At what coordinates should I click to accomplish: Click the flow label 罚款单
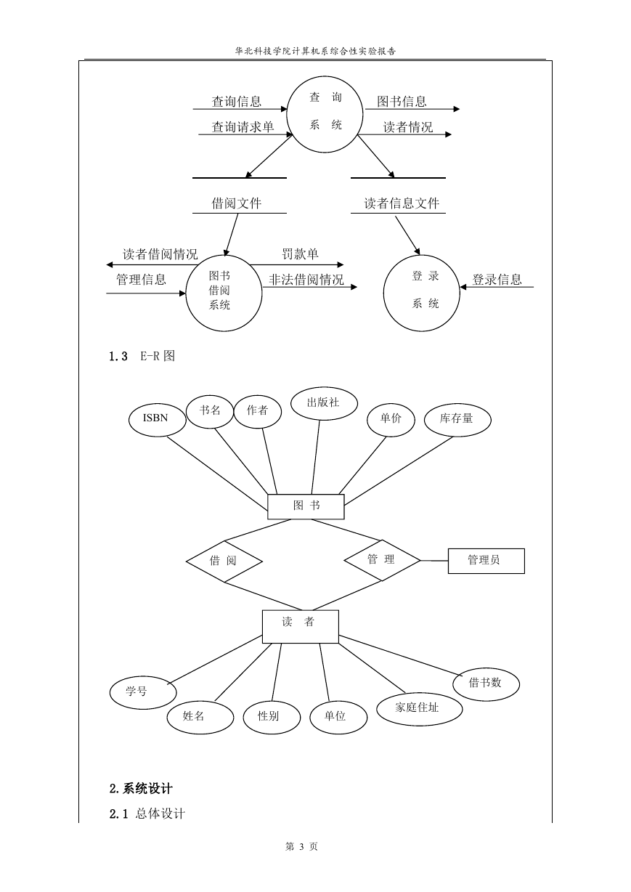300,254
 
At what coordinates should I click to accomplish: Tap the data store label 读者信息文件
402,203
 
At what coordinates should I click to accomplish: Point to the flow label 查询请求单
243,127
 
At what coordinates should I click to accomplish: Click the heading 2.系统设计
141,789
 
